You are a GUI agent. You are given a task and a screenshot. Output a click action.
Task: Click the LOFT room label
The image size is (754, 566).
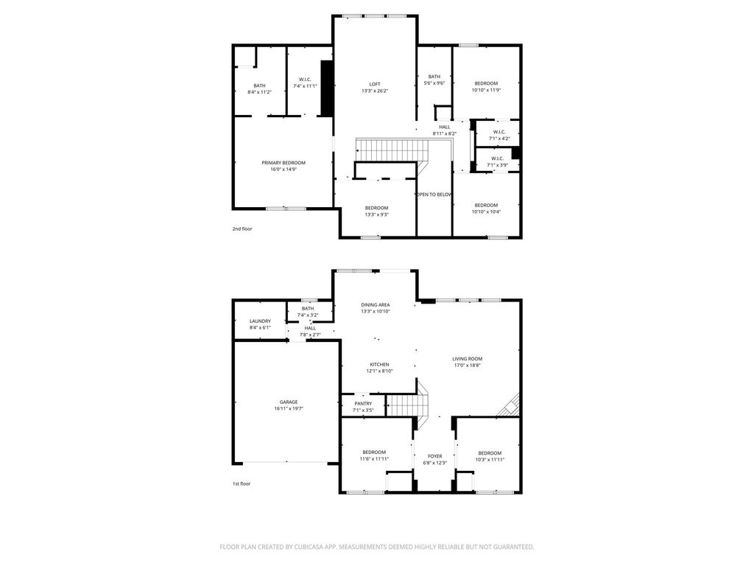375,84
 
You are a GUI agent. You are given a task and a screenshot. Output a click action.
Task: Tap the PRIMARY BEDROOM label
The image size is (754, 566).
283,163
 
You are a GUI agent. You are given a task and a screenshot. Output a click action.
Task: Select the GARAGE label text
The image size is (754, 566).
289,402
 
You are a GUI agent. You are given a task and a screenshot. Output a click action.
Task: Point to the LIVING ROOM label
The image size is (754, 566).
467,359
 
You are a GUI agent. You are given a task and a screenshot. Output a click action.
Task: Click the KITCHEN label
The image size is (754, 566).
379,364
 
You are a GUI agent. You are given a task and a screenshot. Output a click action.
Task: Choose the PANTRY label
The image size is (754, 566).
363,404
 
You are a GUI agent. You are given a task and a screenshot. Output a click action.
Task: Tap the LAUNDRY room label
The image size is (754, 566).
260,321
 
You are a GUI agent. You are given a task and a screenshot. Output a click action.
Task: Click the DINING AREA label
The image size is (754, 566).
376,304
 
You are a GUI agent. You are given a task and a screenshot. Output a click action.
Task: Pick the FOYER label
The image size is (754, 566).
434,456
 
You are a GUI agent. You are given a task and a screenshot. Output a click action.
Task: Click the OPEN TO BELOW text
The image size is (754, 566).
434,195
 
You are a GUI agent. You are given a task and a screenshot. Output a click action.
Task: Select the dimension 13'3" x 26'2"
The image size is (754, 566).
375,91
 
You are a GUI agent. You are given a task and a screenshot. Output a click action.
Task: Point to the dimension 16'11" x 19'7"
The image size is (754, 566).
289,408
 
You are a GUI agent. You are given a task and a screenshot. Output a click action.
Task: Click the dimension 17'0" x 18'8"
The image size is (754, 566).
467,365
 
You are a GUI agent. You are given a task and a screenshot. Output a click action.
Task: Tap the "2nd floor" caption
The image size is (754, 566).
242,229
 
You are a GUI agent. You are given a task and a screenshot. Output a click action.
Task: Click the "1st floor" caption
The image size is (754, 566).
242,483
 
